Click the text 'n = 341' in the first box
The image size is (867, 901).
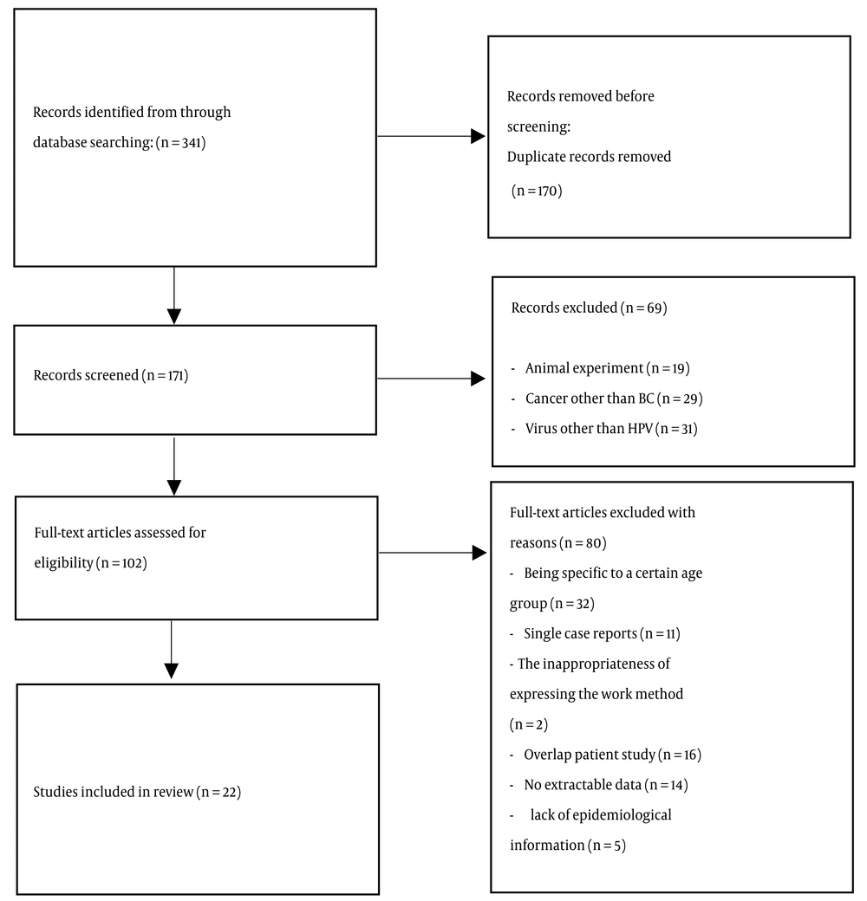[x=182, y=142]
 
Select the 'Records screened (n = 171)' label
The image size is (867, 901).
[x=111, y=375]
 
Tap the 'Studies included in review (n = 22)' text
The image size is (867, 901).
[x=137, y=792]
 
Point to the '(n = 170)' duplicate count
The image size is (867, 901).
[x=537, y=191]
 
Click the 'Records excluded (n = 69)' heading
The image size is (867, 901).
[x=590, y=308]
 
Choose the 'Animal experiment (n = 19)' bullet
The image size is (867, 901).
[x=608, y=368]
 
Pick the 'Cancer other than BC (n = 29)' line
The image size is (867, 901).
[x=614, y=399]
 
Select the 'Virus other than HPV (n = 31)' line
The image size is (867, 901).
[x=611, y=429]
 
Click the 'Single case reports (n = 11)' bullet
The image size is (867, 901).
[x=602, y=634]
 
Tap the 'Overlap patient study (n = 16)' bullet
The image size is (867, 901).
[x=612, y=755]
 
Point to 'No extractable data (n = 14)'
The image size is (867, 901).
[x=606, y=785]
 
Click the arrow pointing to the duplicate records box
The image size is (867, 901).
[x=431, y=136]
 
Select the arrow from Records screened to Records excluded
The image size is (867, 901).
[x=431, y=379]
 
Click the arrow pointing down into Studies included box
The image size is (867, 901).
[x=172, y=649]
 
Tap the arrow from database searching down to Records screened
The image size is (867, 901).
[x=173, y=295]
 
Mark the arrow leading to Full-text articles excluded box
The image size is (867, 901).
[x=433, y=553]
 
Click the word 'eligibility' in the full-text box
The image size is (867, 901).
[x=64, y=562]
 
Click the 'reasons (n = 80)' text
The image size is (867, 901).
[x=558, y=543]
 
